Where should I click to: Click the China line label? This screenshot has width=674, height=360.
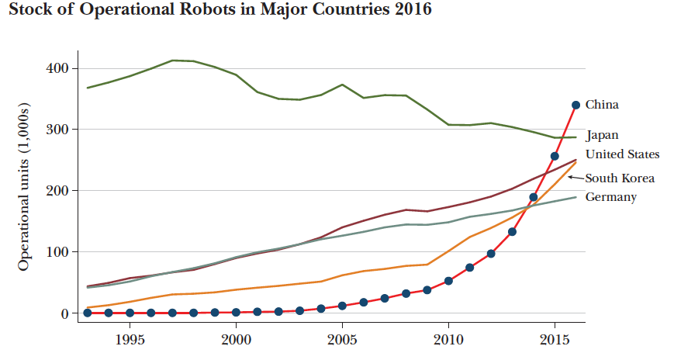pyautogui.click(x=602, y=104)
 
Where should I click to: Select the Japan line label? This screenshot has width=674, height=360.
pyautogui.click(x=603, y=135)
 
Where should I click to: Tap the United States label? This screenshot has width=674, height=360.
pyautogui.click(x=622, y=154)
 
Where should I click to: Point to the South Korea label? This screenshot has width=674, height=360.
pyautogui.click(x=620, y=178)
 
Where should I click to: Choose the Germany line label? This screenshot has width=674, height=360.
pyautogui.click(x=610, y=197)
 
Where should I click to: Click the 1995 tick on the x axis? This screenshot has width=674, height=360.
pyautogui.click(x=130, y=339)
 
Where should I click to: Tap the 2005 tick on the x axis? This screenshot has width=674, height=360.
pyautogui.click(x=342, y=339)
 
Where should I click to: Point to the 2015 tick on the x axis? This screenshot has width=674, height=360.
pyautogui.click(x=555, y=339)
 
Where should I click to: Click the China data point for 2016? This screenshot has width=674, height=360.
pyautogui.click(x=575, y=105)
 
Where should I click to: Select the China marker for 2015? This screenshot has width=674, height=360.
pyautogui.click(x=555, y=156)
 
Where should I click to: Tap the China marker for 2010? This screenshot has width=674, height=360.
pyautogui.click(x=448, y=281)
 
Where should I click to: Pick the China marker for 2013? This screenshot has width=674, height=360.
pyautogui.click(x=512, y=231)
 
